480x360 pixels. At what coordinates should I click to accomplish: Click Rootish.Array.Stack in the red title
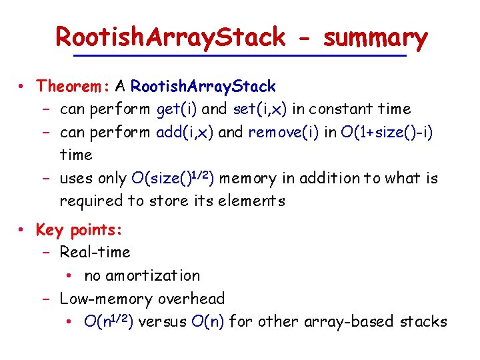(x=170, y=37)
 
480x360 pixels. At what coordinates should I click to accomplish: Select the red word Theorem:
(x=73, y=86)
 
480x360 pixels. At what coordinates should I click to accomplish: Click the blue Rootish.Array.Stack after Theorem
(x=203, y=86)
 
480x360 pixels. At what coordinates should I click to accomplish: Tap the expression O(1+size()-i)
(x=387, y=132)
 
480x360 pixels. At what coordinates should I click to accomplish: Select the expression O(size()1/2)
(x=173, y=178)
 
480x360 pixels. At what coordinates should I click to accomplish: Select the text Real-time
(x=95, y=253)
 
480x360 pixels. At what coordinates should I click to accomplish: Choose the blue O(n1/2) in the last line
(x=110, y=321)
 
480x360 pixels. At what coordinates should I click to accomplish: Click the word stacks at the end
(x=423, y=321)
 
